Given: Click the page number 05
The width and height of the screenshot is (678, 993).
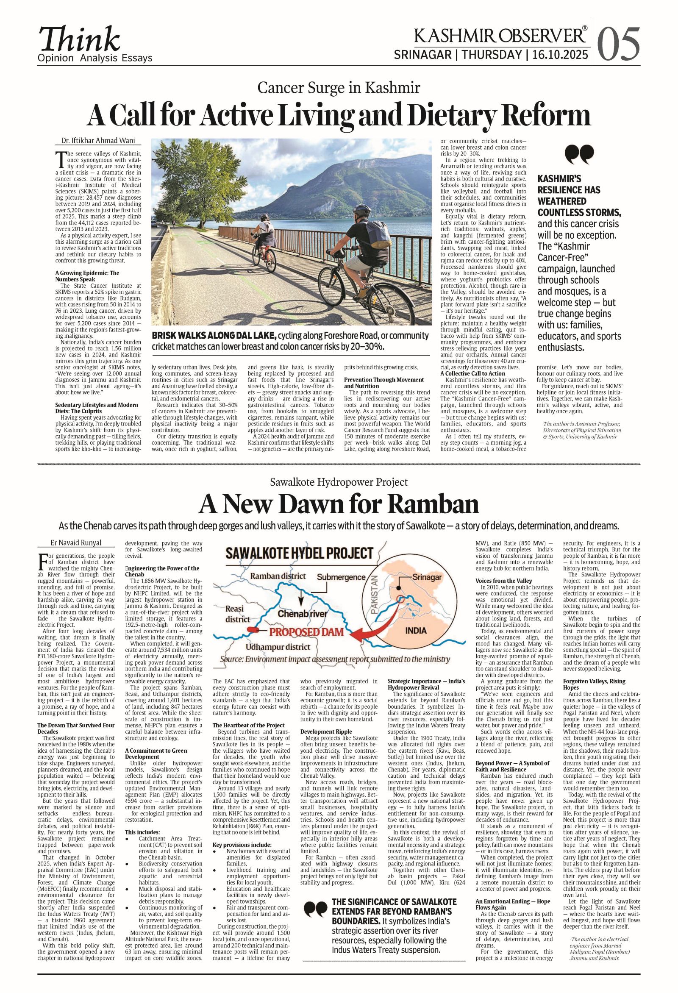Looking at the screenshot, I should click(x=619, y=45).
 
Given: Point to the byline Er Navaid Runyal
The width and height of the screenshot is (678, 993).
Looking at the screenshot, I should click(x=76, y=542).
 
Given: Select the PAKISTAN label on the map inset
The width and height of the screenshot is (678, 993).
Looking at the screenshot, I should click(x=375, y=595).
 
